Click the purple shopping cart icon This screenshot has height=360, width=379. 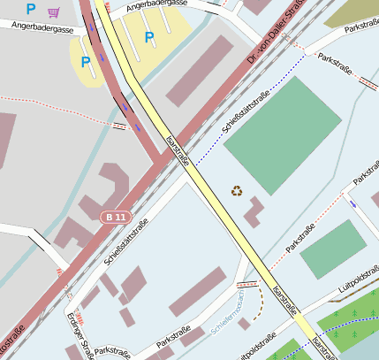coord(54,11)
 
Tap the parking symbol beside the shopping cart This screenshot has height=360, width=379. coord(31,10)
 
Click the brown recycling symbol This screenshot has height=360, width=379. coord(237,190)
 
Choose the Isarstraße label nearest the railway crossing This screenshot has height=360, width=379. coord(177,150)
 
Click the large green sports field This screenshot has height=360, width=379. coord(282,132)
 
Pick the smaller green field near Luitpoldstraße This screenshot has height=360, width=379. coord(333,249)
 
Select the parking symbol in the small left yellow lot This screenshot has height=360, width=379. coord(85,62)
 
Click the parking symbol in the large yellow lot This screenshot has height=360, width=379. coord(148,38)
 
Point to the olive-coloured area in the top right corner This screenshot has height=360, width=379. coord(353,11)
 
